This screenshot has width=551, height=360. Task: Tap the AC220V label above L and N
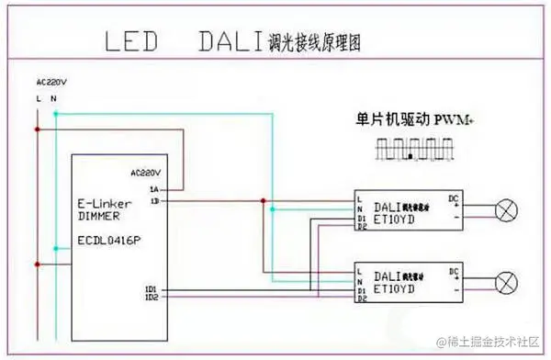(x=50, y=81)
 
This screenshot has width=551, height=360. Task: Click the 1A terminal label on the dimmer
(x=154, y=188)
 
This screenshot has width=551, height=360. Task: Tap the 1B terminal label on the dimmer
(x=154, y=199)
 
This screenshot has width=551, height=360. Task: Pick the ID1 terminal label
(x=151, y=287)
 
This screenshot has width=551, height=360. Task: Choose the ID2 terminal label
(x=151, y=297)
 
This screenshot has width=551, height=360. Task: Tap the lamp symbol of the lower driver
(x=505, y=282)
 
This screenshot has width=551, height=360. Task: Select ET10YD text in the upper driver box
(x=396, y=219)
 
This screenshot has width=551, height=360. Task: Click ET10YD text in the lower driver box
(x=396, y=287)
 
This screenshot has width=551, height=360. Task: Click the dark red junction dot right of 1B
(x=264, y=200)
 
